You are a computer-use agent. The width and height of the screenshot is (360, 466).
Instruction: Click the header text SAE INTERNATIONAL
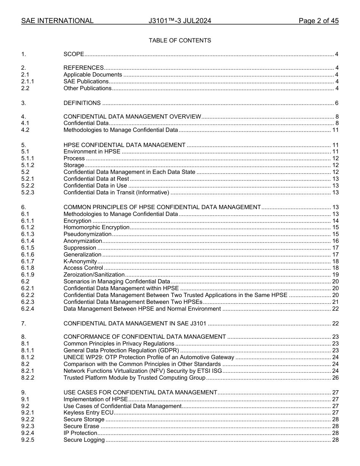pos(57,21)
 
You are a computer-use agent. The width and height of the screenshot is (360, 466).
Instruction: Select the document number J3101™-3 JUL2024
pos(180,21)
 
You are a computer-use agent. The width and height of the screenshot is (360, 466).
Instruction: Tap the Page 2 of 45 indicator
pos(318,21)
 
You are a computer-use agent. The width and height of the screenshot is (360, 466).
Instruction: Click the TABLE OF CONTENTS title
pos(180,41)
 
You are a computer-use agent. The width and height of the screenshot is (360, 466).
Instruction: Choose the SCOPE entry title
pos(74,54)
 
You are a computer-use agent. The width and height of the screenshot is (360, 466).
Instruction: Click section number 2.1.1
pos(28,81)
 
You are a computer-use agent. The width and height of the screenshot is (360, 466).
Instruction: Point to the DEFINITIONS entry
pos(82,103)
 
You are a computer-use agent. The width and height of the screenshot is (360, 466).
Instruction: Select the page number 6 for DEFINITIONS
pos(337,103)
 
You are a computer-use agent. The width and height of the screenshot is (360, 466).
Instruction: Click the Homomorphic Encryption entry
pos(97,227)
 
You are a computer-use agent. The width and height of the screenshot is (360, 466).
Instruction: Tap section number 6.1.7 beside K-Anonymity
pos(28,261)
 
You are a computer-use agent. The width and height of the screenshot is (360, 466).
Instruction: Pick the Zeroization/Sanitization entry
pos(94,275)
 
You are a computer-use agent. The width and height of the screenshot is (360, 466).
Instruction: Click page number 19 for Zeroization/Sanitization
pos(335,275)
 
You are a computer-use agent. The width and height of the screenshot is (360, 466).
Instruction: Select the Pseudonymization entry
pos(88,234)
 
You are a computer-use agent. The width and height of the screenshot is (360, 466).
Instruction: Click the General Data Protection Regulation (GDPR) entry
pos(121,350)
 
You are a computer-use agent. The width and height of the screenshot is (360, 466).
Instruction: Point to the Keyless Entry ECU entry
pos(88,413)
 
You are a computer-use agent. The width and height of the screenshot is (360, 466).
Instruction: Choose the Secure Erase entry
pos(81,426)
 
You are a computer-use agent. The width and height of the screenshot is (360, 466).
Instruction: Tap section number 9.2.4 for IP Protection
pos(28,433)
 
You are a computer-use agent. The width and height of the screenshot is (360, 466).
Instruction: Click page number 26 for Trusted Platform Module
pos(335,378)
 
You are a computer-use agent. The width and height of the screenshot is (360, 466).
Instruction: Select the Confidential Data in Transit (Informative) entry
pos(116,192)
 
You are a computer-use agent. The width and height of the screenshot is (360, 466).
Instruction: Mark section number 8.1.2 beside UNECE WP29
pos(28,357)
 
